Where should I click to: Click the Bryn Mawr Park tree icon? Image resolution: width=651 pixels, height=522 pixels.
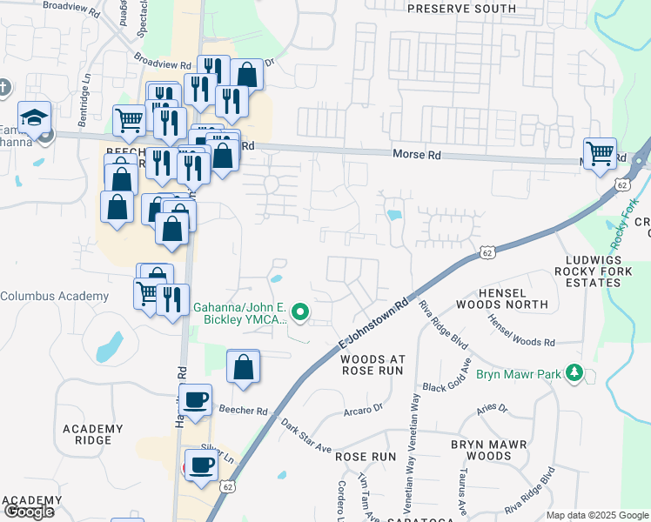click(574, 373)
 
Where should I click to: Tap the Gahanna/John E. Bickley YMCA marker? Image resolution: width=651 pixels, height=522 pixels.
click(300, 311)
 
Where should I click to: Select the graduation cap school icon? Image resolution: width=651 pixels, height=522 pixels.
click(34, 117)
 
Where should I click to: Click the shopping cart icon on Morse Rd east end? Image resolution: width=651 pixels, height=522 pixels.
click(601, 154)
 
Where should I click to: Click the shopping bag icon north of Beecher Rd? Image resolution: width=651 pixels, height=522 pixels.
click(244, 366)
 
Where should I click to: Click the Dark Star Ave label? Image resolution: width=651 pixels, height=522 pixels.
click(306, 437)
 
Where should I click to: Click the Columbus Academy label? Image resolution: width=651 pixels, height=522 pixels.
click(55, 297)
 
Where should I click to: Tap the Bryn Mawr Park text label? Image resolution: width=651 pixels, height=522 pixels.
click(518, 376)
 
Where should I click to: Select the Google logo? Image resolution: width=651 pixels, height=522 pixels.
click(28, 512)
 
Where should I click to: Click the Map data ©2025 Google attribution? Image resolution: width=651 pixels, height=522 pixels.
click(597, 515)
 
